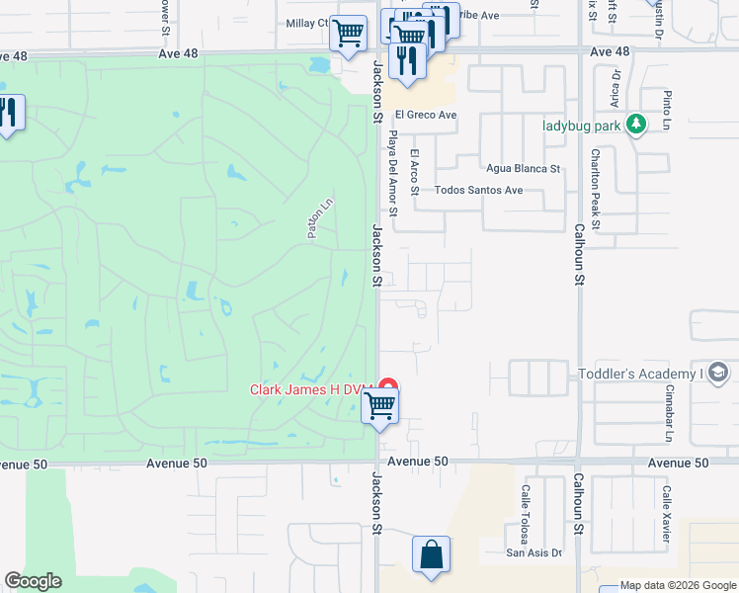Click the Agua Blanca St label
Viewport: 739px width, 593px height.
523,169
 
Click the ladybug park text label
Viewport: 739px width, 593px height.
582,126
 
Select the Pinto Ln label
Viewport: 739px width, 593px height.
667,110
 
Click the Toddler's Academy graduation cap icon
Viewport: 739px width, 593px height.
718,373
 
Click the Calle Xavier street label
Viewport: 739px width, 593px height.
667,515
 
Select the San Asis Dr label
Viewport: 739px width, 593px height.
534,552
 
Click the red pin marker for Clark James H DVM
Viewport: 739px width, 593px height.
389,386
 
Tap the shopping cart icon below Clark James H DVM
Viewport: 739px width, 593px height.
380,405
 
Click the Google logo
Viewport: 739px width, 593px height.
33,581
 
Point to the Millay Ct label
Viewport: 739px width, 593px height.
306,23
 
